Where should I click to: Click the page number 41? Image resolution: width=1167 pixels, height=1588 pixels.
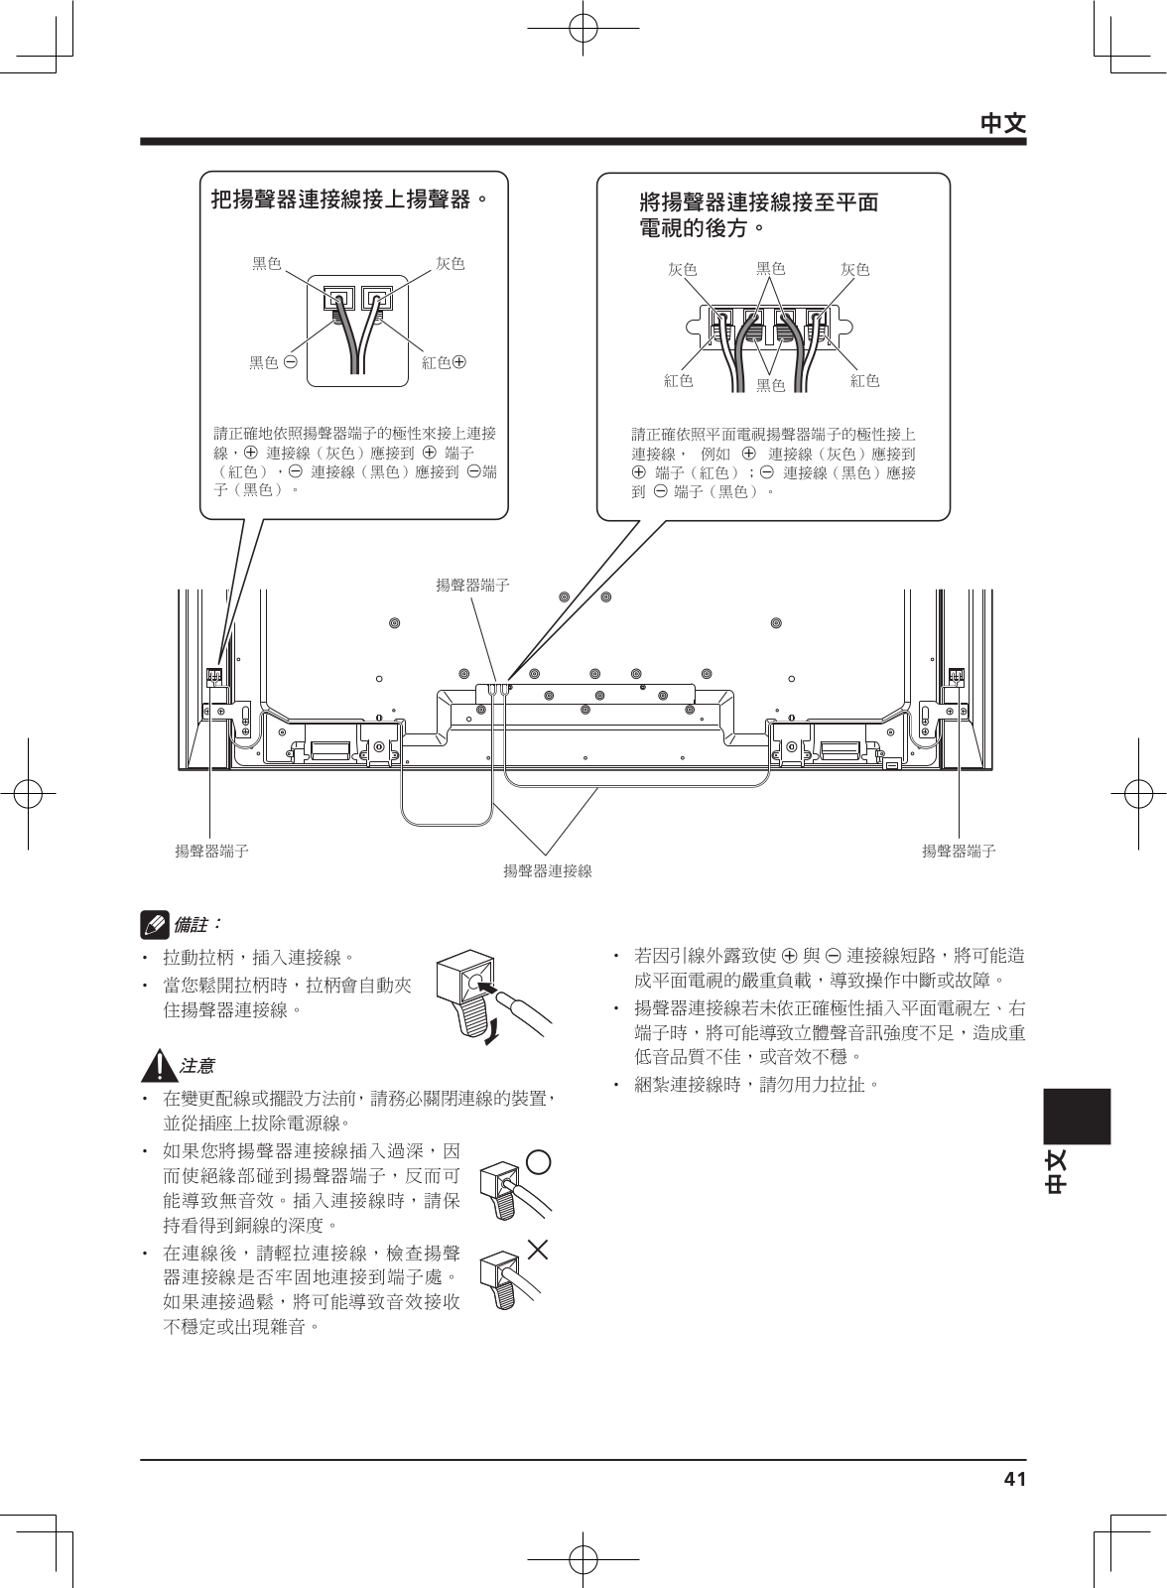point(1013,1480)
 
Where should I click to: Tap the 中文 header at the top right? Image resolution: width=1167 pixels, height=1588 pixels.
point(1002,123)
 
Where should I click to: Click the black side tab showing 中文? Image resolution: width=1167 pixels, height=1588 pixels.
point(1077,1144)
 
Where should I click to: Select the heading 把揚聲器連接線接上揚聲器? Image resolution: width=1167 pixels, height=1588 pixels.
point(350,199)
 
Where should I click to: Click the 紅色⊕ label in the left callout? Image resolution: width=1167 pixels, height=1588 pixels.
point(444,362)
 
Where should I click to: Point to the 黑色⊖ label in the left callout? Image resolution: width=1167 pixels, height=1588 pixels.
point(272,362)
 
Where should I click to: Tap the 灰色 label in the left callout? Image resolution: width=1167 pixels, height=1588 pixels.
point(451,263)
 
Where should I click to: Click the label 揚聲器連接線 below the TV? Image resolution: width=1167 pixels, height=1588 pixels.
point(547,870)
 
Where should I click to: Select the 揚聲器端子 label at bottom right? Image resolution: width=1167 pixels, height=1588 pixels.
point(959,851)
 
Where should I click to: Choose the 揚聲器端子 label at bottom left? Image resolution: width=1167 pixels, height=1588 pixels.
point(211,851)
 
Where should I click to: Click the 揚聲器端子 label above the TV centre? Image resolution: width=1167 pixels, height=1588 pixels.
point(473,586)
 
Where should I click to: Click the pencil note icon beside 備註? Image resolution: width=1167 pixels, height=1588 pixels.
point(155,926)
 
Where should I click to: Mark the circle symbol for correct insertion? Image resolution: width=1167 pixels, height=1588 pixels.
point(538,1161)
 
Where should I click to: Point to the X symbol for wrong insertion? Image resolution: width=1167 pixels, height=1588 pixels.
point(539,1248)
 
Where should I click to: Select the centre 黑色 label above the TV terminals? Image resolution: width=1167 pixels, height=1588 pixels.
point(770,268)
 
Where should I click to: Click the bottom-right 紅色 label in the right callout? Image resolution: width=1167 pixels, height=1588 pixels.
point(864,380)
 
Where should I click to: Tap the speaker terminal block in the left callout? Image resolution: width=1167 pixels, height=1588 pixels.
point(358,298)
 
